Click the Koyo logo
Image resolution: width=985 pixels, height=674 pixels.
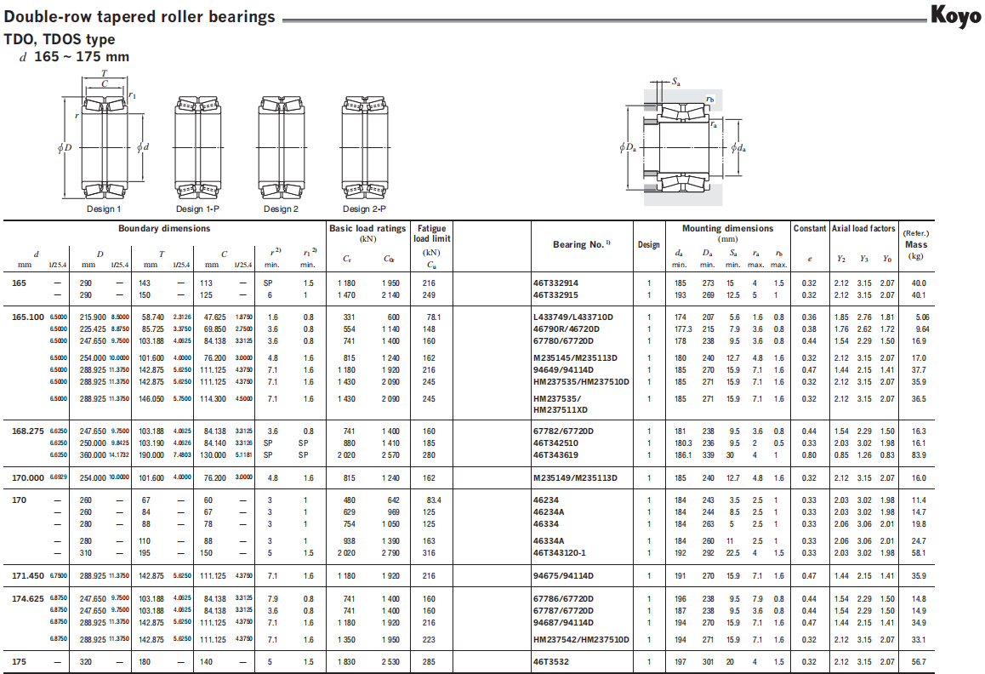point(955,15)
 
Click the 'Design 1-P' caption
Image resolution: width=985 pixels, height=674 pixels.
point(197,208)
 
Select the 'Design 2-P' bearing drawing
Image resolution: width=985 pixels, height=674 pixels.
point(364,148)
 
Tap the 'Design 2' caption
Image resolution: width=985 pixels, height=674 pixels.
point(281,208)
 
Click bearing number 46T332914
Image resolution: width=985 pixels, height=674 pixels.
point(555,283)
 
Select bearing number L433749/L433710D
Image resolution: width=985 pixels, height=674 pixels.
point(573,317)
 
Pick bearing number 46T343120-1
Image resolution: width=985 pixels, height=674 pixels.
point(559,552)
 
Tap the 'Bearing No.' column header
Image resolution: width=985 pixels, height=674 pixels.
point(582,244)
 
